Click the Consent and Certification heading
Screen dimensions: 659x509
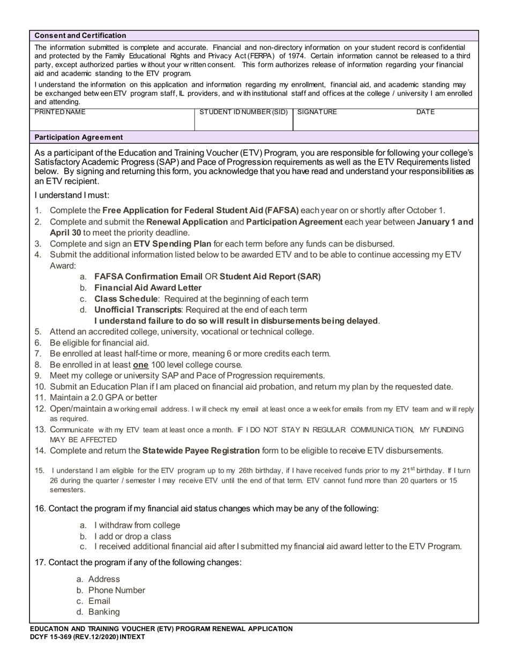tap(80, 35)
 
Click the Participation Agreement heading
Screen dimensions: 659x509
tap(79, 137)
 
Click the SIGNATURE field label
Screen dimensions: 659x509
tap(317, 112)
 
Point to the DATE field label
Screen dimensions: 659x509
tap(425, 112)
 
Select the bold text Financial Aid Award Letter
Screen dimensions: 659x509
tap(148, 288)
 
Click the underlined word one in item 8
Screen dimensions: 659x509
tap(140, 365)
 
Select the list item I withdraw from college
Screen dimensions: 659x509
tap(137, 525)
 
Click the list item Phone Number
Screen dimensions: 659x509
tap(116, 590)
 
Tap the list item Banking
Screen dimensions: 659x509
tap(104, 612)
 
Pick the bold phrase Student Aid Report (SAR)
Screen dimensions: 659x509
tap(270, 276)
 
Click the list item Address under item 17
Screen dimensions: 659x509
tap(104, 579)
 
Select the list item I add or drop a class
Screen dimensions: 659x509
tap(133, 536)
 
